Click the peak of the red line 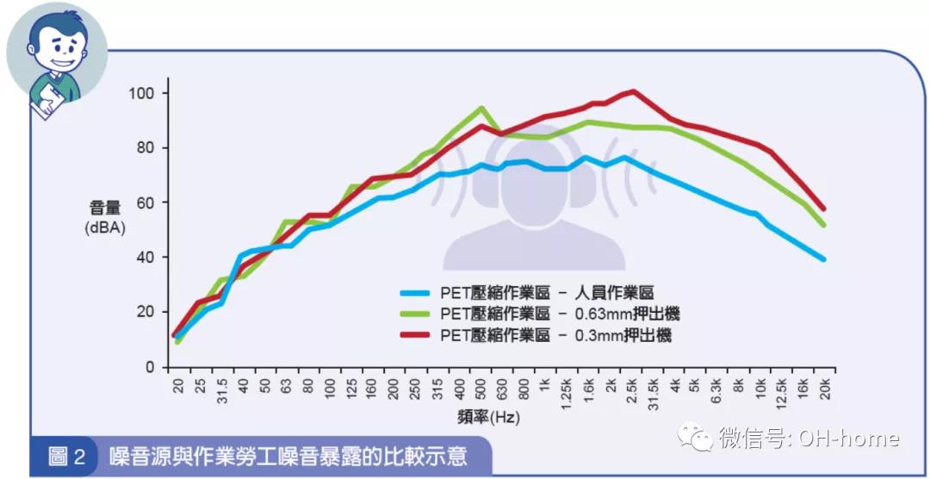tap(634, 90)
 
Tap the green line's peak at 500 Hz tap(481, 108)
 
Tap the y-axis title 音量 tap(106, 208)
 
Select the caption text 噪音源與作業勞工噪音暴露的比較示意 tap(288, 456)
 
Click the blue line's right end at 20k tap(824, 259)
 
